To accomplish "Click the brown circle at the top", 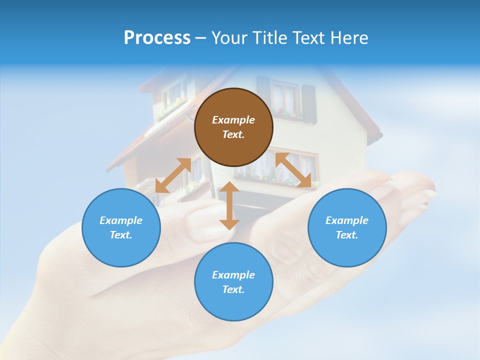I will click(x=233, y=127).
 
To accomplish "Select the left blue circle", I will click(x=121, y=227).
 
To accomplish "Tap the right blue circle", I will click(x=347, y=227).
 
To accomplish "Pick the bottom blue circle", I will click(x=233, y=281).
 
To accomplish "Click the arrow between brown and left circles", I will click(x=173, y=175).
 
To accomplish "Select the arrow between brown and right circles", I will click(x=293, y=170).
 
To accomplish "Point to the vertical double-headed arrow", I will click(x=229, y=205).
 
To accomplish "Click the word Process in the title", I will click(x=157, y=38).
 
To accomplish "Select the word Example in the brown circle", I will click(x=233, y=120).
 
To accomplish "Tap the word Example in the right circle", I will click(x=347, y=220).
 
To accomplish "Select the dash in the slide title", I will click(x=201, y=38).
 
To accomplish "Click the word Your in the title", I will click(x=230, y=38).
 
